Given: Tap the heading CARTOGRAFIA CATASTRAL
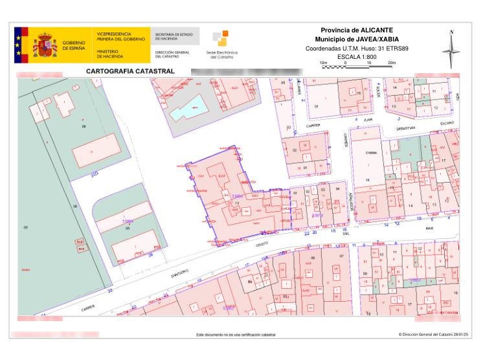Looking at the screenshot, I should coord(127,70).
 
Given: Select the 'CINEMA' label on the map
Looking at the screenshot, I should coord(371,153).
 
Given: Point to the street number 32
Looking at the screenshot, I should coord(110,291).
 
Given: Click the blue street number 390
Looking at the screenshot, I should coord(94,175).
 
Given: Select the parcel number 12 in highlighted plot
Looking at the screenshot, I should coord(238,203).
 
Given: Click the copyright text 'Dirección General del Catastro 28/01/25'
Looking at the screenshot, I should coord(433,335).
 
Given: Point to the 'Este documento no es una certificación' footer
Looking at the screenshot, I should coord(235,335).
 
